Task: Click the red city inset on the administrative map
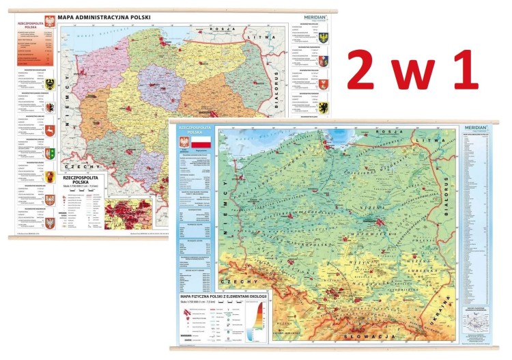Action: [137, 211]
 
